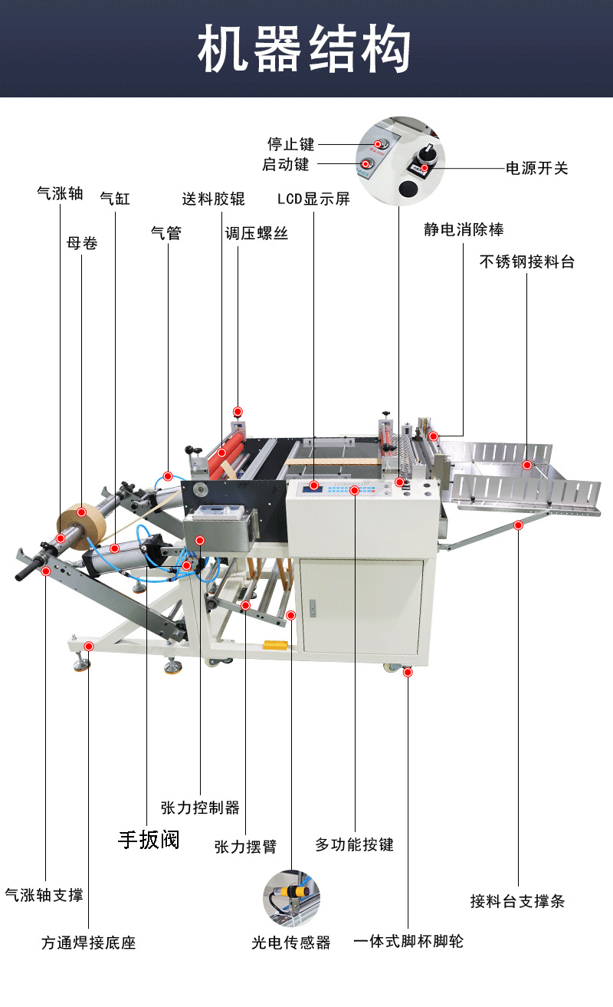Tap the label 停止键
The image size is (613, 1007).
point(290,143)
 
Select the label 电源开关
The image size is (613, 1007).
point(537,168)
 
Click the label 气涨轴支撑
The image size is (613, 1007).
point(44,894)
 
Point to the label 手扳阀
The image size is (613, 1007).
point(149,840)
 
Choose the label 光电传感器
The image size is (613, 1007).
point(291,943)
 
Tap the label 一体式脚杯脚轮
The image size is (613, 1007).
point(408,941)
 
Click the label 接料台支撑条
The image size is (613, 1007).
point(517,901)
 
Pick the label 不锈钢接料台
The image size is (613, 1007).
point(526,262)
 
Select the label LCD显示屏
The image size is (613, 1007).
point(313,199)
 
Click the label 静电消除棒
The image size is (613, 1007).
point(464,229)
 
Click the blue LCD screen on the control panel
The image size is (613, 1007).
point(311,485)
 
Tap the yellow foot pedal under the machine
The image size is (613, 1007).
point(275,644)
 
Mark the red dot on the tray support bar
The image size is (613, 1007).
point(518,525)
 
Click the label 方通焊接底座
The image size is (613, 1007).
point(88,943)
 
